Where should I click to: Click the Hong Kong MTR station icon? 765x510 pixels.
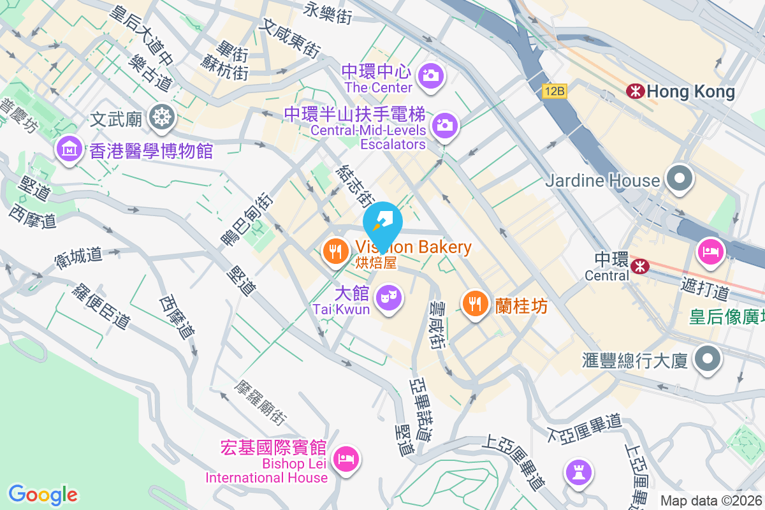pos(635,91)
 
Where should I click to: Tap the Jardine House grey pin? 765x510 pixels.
pos(680,178)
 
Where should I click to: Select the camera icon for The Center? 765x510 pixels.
pos(432,75)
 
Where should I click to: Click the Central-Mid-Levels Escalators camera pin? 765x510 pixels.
pos(444,124)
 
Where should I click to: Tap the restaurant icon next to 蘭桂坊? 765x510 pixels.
pos(475,303)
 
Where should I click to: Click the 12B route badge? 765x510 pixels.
pos(555,91)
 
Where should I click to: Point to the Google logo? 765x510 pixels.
pos(43,495)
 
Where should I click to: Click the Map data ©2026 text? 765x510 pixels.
pos(710,500)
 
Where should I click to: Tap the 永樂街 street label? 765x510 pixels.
pos(328,12)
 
